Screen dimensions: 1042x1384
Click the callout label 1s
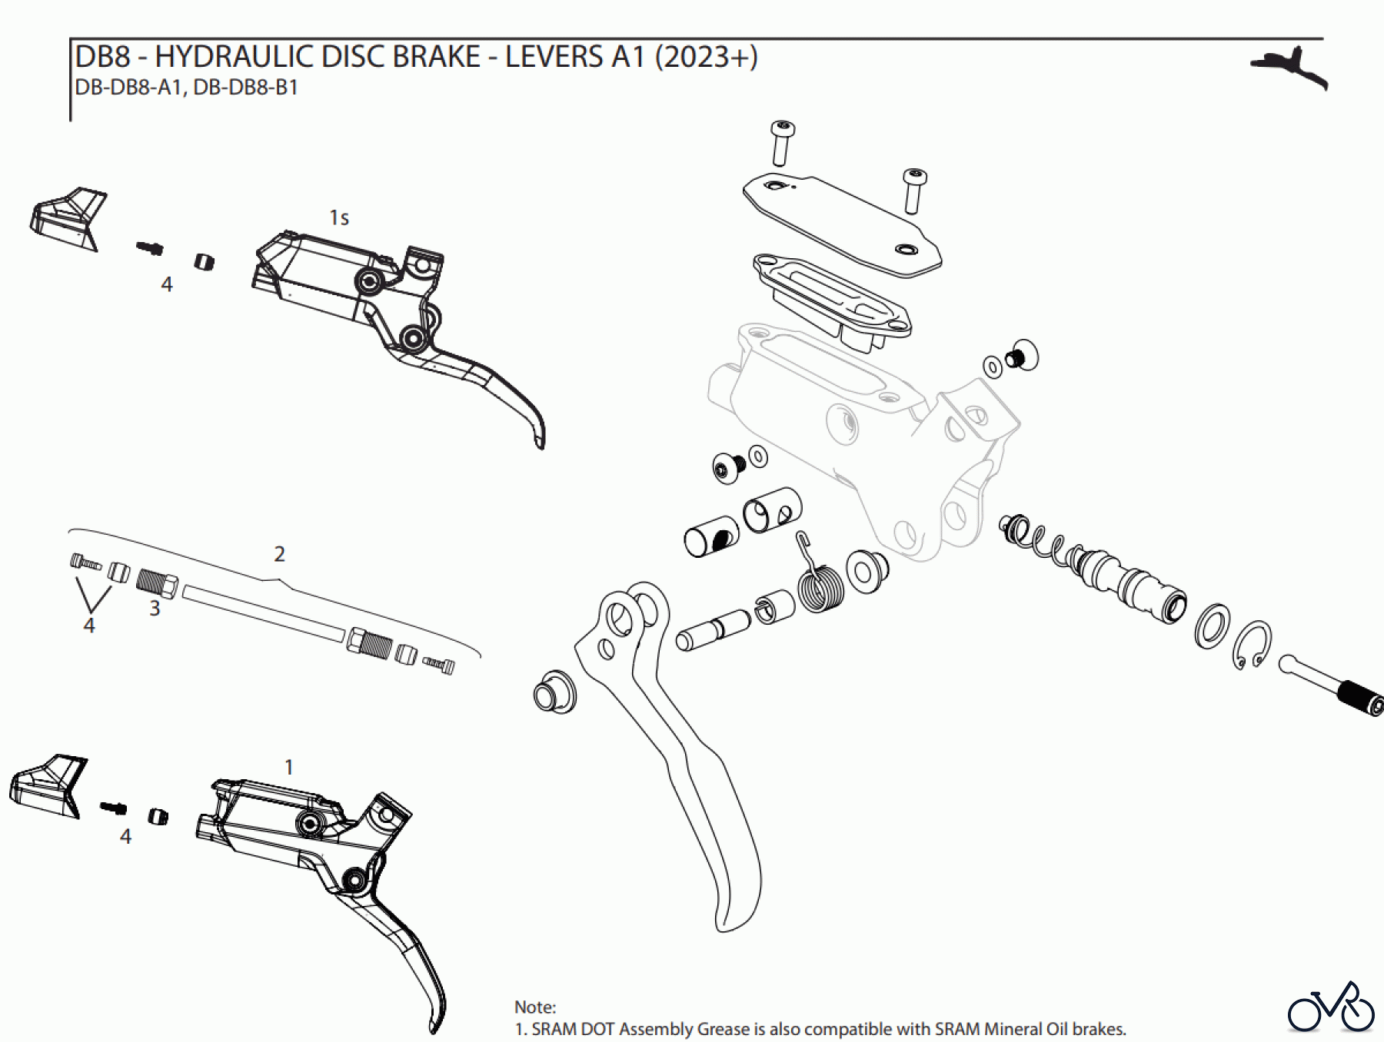339,218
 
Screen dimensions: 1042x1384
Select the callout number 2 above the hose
279,554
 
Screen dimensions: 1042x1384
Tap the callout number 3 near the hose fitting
155,609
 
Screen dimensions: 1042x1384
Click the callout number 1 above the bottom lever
289,767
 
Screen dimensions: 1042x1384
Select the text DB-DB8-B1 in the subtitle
245,88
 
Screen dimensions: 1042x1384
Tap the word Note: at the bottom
535,1007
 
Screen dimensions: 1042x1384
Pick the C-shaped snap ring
1253,644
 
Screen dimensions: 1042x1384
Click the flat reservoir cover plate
842,224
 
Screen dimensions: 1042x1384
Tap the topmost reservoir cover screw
782,141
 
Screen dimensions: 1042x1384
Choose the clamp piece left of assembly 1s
68,219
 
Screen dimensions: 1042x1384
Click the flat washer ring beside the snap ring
1212,626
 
